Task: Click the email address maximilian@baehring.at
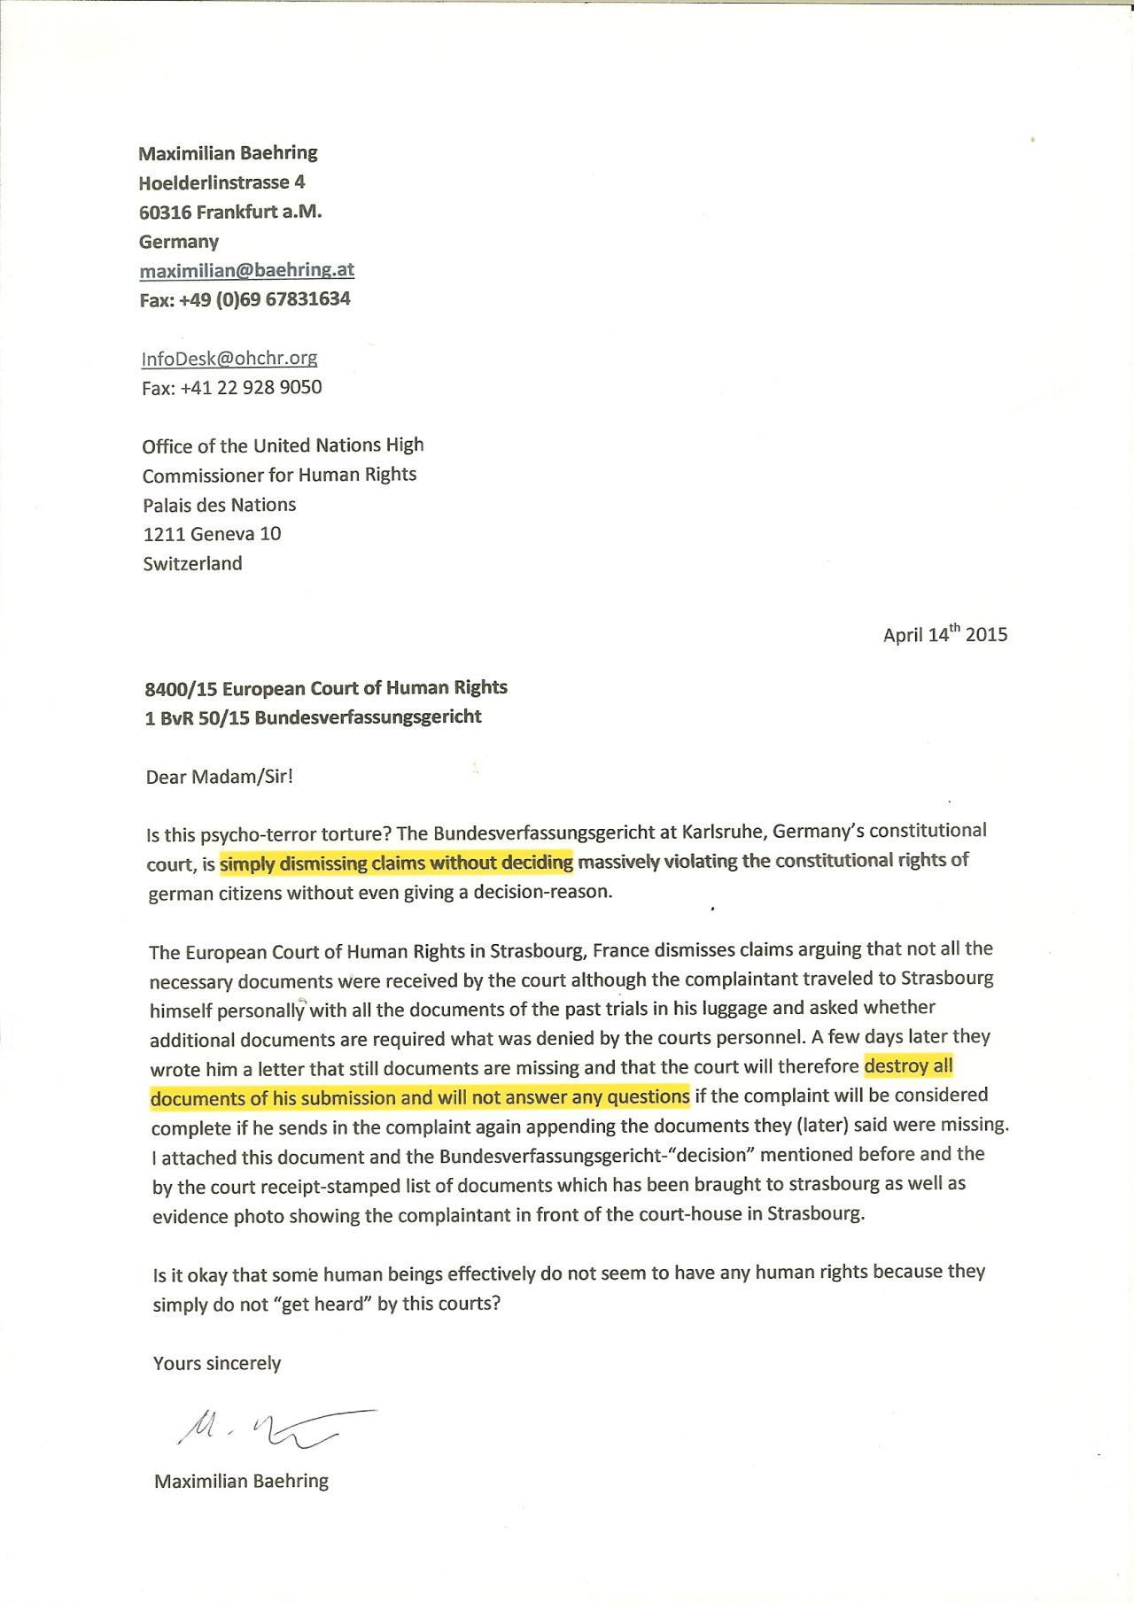point(246,270)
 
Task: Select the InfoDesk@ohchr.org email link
point(229,358)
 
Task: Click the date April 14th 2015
point(944,634)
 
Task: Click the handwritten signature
point(275,1427)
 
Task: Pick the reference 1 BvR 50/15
point(197,717)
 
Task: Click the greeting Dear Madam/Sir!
point(219,777)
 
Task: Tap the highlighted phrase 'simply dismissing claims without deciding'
point(396,863)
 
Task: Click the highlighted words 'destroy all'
point(908,1065)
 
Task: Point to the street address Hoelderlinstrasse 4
point(221,182)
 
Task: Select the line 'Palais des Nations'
point(220,505)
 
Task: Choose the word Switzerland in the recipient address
point(192,563)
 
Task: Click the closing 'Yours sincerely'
point(217,1363)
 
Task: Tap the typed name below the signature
point(241,1481)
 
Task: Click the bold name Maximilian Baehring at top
point(228,152)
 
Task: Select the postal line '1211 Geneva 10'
point(212,534)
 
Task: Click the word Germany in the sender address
point(178,242)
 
